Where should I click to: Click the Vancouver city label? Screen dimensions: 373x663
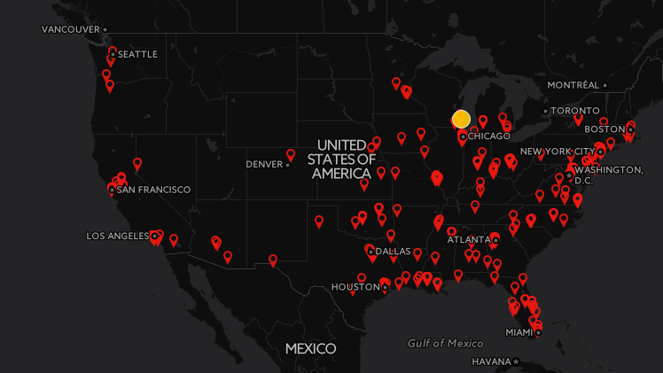click(70, 29)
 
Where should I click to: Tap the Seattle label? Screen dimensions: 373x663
click(137, 54)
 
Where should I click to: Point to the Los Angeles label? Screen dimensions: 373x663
click(117, 236)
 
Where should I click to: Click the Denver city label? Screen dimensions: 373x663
click(264, 164)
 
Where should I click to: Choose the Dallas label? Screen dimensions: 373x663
click(393, 251)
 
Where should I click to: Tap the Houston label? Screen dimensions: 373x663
click(355, 287)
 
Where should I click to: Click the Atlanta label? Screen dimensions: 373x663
click(468, 239)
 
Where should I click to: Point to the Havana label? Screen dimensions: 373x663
click(491, 361)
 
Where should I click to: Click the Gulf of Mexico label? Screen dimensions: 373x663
click(446, 343)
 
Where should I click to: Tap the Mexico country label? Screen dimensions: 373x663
click(310, 348)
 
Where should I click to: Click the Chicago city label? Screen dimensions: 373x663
click(488, 136)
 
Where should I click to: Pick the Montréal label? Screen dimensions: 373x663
click(573, 85)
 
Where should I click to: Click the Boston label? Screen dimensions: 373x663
click(605, 129)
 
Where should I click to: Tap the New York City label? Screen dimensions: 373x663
click(558, 152)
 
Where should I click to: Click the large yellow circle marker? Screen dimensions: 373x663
click(461, 119)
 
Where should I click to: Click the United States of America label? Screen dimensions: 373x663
click(341, 159)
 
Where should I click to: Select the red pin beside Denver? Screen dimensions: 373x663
click(291, 155)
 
